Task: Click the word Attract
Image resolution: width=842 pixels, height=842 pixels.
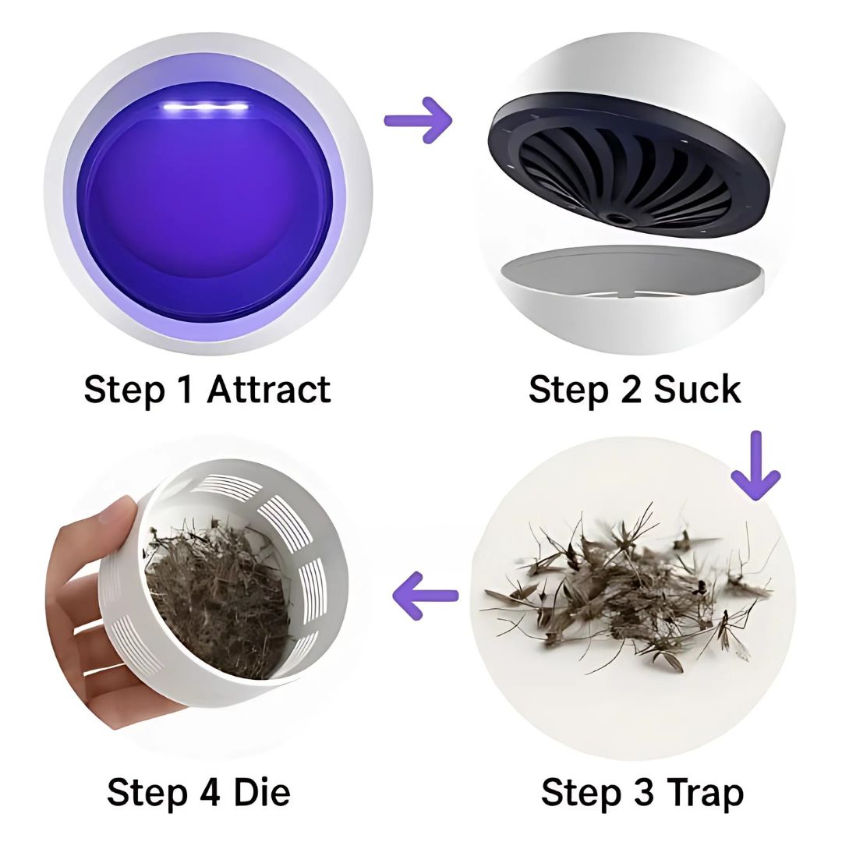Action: click(x=268, y=389)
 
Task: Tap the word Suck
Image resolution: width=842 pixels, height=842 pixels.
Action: click(x=696, y=389)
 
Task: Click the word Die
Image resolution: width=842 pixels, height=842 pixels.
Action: click(x=263, y=792)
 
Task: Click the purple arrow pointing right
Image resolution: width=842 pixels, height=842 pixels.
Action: click(x=418, y=119)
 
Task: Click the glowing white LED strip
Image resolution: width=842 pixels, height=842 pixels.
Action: click(x=207, y=108)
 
